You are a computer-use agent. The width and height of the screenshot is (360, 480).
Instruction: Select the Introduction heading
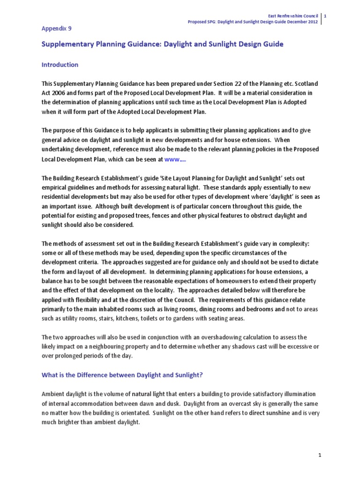click(x=60, y=65)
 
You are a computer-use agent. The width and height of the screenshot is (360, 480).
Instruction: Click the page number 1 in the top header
click(x=326, y=16)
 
